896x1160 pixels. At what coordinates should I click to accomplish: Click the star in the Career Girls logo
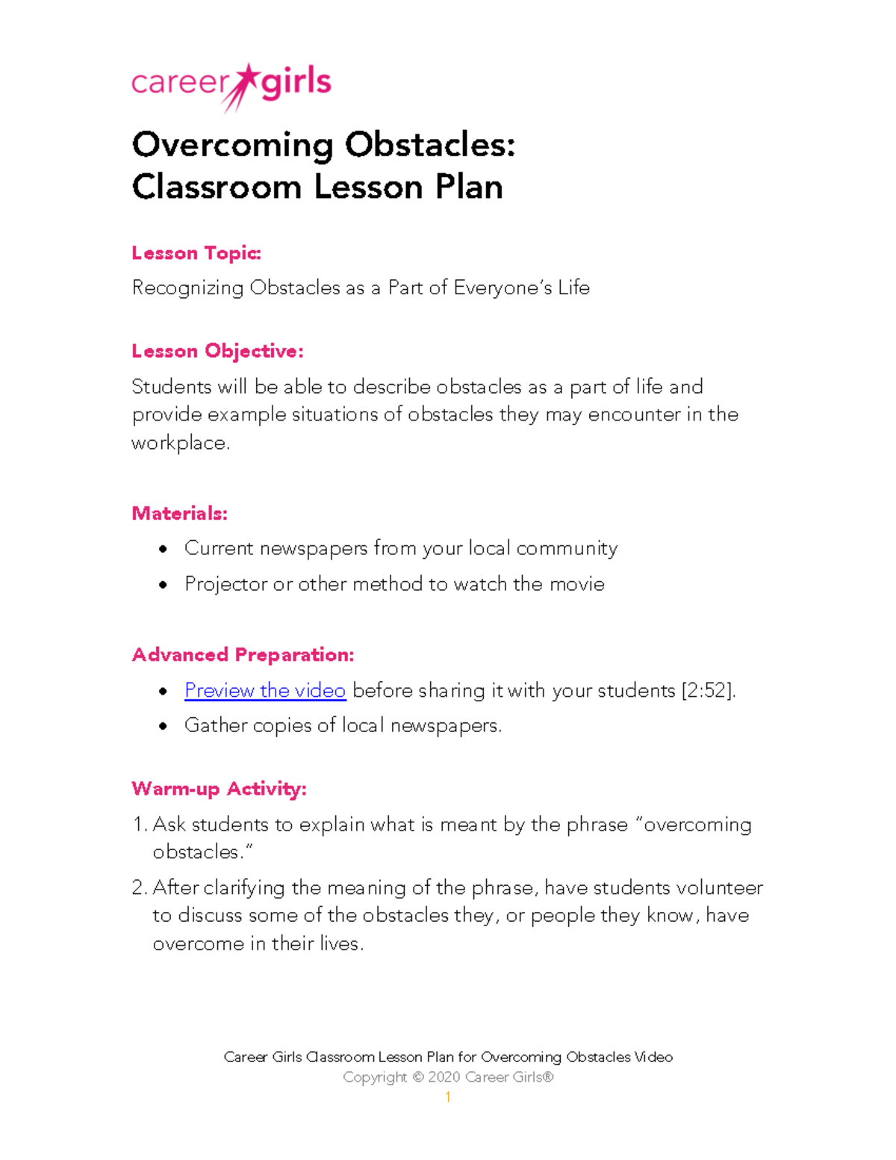click(x=246, y=78)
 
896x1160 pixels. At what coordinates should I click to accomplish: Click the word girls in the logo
click(x=296, y=83)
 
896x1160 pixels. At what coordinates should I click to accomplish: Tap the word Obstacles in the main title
click(x=429, y=144)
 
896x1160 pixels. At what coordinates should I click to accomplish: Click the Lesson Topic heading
click(x=196, y=253)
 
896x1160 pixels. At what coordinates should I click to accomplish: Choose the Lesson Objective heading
click(x=217, y=351)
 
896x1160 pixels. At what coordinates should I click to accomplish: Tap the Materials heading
click(x=179, y=513)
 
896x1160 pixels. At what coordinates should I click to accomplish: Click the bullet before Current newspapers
click(x=163, y=550)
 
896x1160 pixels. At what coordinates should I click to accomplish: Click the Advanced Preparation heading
click(x=243, y=654)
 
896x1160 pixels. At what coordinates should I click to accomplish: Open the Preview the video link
click(x=265, y=690)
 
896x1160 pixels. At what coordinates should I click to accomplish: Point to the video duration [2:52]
click(x=707, y=690)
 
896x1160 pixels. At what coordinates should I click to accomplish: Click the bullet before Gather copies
click(x=163, y=726)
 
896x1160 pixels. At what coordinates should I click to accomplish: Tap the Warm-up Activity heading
click(x=219, y=789)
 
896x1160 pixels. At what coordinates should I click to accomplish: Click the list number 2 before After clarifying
click(x=138, y=888)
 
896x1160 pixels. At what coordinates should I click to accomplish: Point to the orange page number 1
click(x=447, y=1097)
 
